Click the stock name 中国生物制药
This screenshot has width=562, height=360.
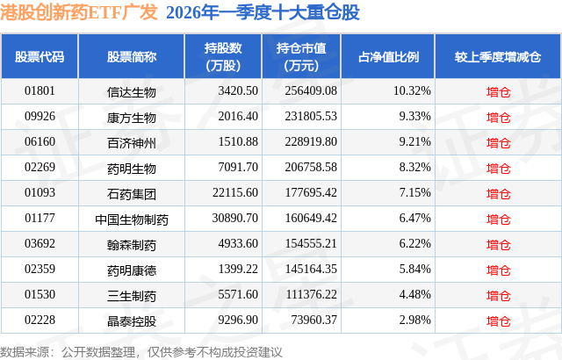coord(132,218)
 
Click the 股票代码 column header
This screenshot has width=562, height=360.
coord(40,57)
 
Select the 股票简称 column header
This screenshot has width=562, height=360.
coord(132,57)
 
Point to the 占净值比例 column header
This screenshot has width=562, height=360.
coord(389,57)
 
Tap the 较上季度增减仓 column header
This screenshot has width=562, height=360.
coord(498,57)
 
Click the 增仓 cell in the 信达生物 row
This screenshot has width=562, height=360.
coord(498,90)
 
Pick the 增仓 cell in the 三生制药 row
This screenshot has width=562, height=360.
coord(498,294)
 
